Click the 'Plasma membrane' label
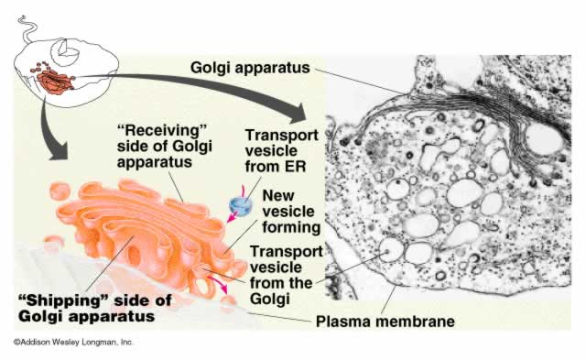[385, 322]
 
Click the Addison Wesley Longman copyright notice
[73, 343]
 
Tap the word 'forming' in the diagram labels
[288, 227]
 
